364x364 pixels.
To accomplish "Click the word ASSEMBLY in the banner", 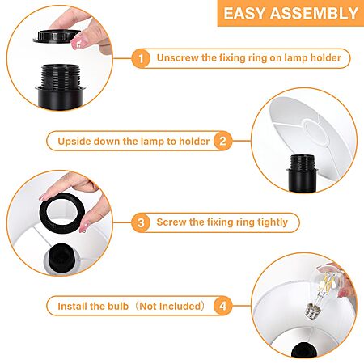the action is [x=314, y=13].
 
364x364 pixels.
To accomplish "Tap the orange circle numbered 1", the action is [x=141, y=58].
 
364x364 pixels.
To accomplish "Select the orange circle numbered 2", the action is [x=222, y=141].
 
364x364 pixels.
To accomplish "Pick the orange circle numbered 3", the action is [x=141, y=222].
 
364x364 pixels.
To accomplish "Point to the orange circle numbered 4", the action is [x=222, y=306].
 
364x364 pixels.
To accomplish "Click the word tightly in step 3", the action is [x=273, y=222].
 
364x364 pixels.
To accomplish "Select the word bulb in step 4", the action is [x=118, y=306].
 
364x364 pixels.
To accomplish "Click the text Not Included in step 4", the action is [x=170, y=306].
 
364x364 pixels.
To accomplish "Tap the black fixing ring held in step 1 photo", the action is [x=57, y=36].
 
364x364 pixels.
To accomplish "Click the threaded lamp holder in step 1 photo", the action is [x=60, y=87].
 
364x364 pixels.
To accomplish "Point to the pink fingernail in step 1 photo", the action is [x=78, y=43].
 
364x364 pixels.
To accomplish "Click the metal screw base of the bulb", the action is [x=311, y=311].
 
